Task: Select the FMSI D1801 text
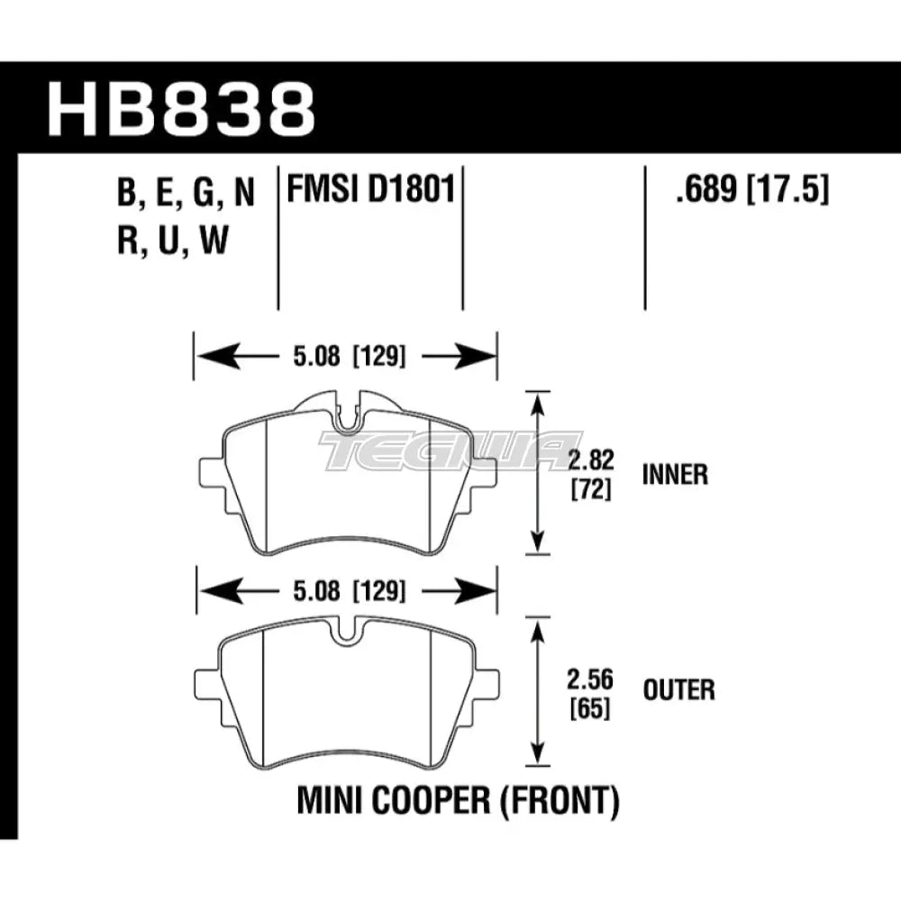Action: [x=369, y=191]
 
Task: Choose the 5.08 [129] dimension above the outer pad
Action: [x=346, y=592]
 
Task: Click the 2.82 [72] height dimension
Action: [x=592, y=475]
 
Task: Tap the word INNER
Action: [x=676, y=475]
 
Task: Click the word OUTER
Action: [x=679, y=691]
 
